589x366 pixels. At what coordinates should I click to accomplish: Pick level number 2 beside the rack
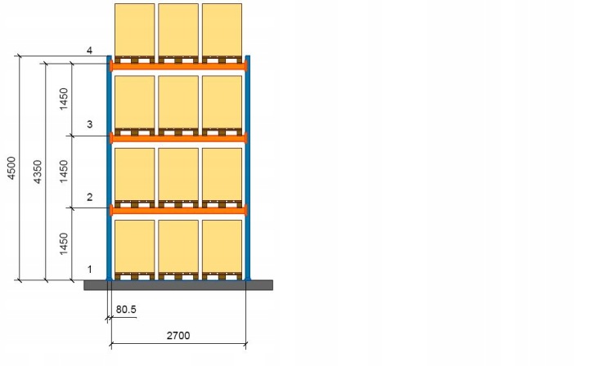click(90, 197)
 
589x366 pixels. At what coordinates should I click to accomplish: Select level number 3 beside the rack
click(90, 124)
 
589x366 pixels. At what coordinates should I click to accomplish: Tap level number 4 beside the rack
click(90, 51)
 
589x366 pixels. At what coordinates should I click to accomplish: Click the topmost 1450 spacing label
click(65, 100)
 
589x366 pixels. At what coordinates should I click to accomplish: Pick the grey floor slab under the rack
click(178, 284)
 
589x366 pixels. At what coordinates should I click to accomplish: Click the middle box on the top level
click(178, 29)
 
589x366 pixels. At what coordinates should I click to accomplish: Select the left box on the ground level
click(134, 245)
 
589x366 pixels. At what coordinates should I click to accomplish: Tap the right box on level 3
click(222, 101)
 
